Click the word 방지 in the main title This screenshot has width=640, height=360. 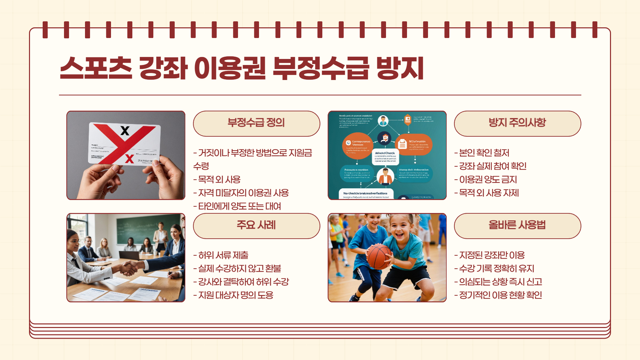click(x=400, y=68)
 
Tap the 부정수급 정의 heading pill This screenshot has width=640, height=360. click(x=256, y=123)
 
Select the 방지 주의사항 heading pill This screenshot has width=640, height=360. click(x=517, y=123)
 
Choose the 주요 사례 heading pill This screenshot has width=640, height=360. click(x=256, y=226)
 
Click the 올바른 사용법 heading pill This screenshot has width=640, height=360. click(x=517, y=226)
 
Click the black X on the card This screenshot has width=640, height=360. click(x=125, y=130)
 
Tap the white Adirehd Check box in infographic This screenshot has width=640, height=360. click(x=385, y=157)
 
